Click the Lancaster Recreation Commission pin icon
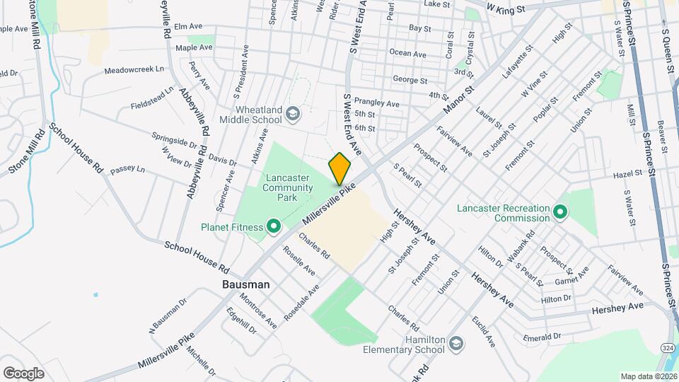(x=559, y=212)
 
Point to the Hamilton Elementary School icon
(x=456, y=343)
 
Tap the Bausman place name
(x=236, y=284)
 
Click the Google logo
(x=23, y=373)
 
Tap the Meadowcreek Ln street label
(x=134, y=70)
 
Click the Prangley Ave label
(x=376, y=103)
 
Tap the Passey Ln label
(x=127, y=170)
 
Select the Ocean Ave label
(x=407, y=54)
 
